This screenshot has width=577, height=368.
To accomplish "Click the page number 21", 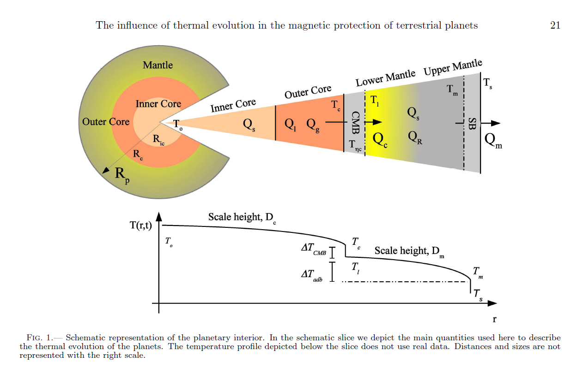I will click(555, 25).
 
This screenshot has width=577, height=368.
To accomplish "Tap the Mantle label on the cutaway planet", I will click(158, 65).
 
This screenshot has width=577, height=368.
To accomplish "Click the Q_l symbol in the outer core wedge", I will click(291, 125).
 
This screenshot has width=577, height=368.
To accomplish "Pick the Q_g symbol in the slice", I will click(312, 125).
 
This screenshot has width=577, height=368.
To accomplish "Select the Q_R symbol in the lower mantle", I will click(415, 137).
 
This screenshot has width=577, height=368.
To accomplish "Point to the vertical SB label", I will click(472, 124).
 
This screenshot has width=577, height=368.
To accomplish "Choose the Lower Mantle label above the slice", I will click(385, 78).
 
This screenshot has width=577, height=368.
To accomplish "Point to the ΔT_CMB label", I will click(314, 249).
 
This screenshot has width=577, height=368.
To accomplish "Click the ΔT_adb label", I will click(312, 275).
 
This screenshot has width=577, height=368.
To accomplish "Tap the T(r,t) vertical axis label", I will click(141, 226).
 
